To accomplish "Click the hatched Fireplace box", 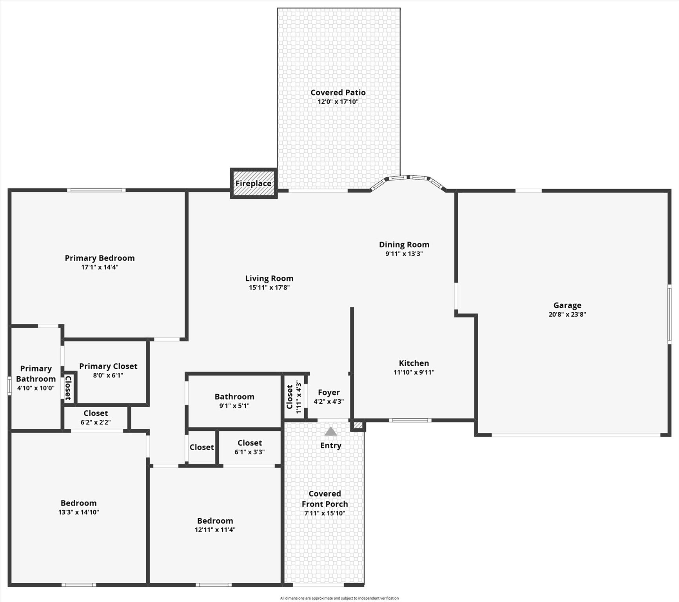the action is click(254, 183).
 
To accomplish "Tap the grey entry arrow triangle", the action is click(331, 431).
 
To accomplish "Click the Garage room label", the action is click(567, 305).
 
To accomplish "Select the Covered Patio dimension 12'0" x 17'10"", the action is click(338, 102).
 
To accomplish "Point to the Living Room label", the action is click(269, 278).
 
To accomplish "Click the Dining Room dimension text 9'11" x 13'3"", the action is click(404, 254).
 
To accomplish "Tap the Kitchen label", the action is click(414, 363).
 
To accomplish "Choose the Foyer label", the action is click(329, 392).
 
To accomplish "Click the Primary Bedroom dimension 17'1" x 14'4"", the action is click(100, 267).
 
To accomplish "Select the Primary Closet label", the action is click(108, 366).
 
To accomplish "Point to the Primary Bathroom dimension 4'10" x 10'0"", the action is click(36, 388).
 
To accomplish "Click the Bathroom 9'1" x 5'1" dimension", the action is click(234, 406).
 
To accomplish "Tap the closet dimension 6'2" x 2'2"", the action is click(96, 422).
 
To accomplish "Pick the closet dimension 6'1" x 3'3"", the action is click(250, 452).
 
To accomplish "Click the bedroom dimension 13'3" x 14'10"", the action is click(79, 512).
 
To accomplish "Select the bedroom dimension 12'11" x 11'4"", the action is click(215, 530).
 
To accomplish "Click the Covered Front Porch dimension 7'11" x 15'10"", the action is click(325, 513).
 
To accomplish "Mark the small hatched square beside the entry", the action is click(358, 425).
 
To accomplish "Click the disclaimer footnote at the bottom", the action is click(339, 598).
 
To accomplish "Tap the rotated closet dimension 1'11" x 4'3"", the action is click(299, 397).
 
